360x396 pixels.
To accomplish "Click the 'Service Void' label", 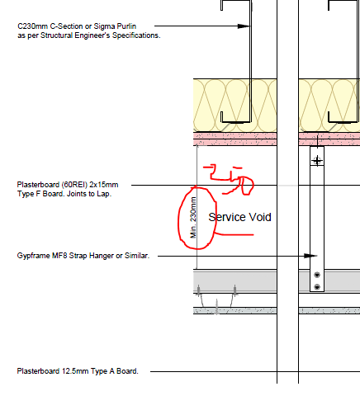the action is (x=239, y=217).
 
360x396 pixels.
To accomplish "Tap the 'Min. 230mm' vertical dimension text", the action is (x=193, y=218).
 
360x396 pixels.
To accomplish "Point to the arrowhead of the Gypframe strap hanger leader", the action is (x=310, y=256).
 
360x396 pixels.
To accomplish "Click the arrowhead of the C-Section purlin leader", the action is (x=244, y=26).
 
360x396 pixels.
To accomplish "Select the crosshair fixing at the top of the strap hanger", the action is (x=317, y=160).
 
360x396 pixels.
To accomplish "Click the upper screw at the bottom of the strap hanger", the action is (x=317, y=275).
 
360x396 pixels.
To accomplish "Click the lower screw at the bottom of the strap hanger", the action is (x=317, y=287).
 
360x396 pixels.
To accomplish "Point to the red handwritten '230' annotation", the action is (x=229, y=180).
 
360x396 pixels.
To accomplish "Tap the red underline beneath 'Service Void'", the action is (x=234, y=234).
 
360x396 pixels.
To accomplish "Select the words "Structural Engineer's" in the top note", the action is (x=75, y=35).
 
